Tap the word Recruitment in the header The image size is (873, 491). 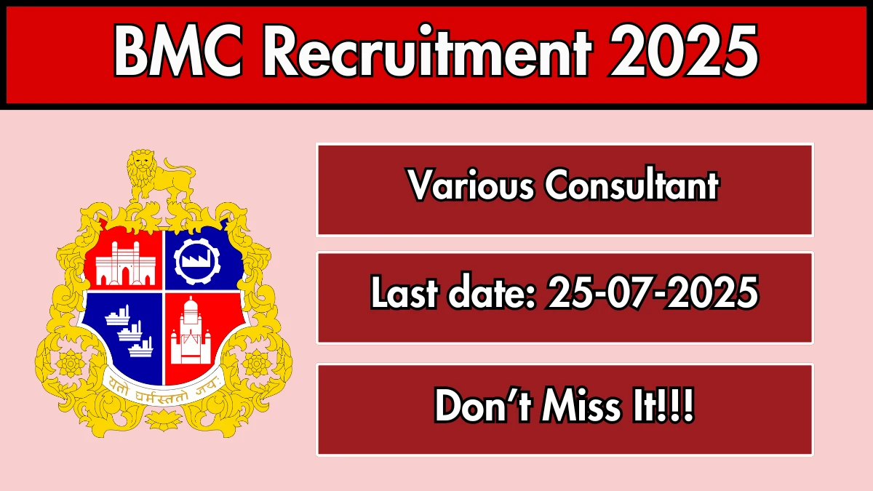click(x=427, y=50)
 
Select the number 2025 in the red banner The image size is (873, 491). click(x=684, y=51)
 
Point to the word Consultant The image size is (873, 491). click(x=631, y=183)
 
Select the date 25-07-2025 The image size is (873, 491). click(x=653, y=292)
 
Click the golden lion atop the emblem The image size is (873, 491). click(x=161, y=175)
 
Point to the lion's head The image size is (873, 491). click(x=141, y=164)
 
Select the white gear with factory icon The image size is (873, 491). click(x=197, y=261)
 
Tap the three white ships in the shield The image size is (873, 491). click(x=129, y=330)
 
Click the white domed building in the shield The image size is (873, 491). click(x=191, y=330)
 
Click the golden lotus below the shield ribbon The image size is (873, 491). click(x=164, y=419)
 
